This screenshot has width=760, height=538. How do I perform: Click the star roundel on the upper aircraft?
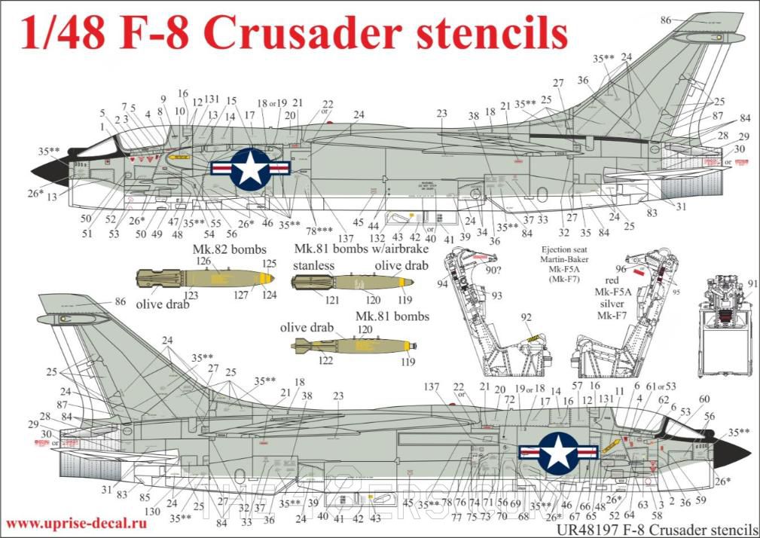coord(250,168)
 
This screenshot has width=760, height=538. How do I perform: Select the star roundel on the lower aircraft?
coord(559,453)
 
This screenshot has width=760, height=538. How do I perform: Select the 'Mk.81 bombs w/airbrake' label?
coord(361,249)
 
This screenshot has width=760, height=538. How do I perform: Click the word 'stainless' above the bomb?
coord(313,265)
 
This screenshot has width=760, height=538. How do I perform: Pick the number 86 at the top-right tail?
coord(665,20)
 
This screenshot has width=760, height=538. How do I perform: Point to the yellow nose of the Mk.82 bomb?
coord(265,278)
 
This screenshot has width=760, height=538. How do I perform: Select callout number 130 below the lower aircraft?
coord(153,510)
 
